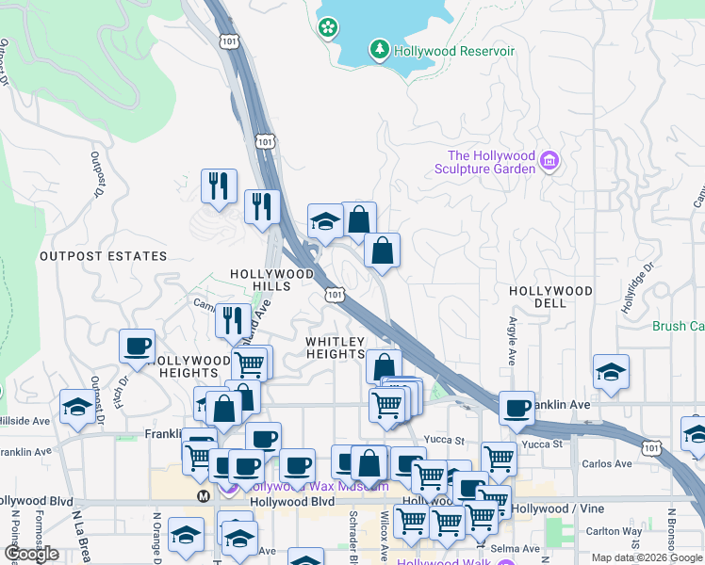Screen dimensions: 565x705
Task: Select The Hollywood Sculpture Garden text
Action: point(491,162)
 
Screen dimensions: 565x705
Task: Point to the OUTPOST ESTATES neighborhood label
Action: point(103,256)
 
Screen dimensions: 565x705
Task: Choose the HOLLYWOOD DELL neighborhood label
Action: point(550,297)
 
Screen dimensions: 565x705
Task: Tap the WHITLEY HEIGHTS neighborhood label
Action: point(335,347)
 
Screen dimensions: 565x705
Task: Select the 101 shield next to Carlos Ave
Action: point(649,446)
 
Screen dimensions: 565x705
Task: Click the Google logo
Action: point(31,554)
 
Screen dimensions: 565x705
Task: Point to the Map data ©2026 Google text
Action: point(648,557)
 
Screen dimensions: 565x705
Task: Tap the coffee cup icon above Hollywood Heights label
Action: point(138,346)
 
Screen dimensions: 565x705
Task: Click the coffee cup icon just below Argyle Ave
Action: point(516,407)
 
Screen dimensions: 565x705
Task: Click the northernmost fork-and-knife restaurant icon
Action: point(219,185)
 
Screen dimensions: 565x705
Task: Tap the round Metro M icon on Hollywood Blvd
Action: point(203,495)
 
